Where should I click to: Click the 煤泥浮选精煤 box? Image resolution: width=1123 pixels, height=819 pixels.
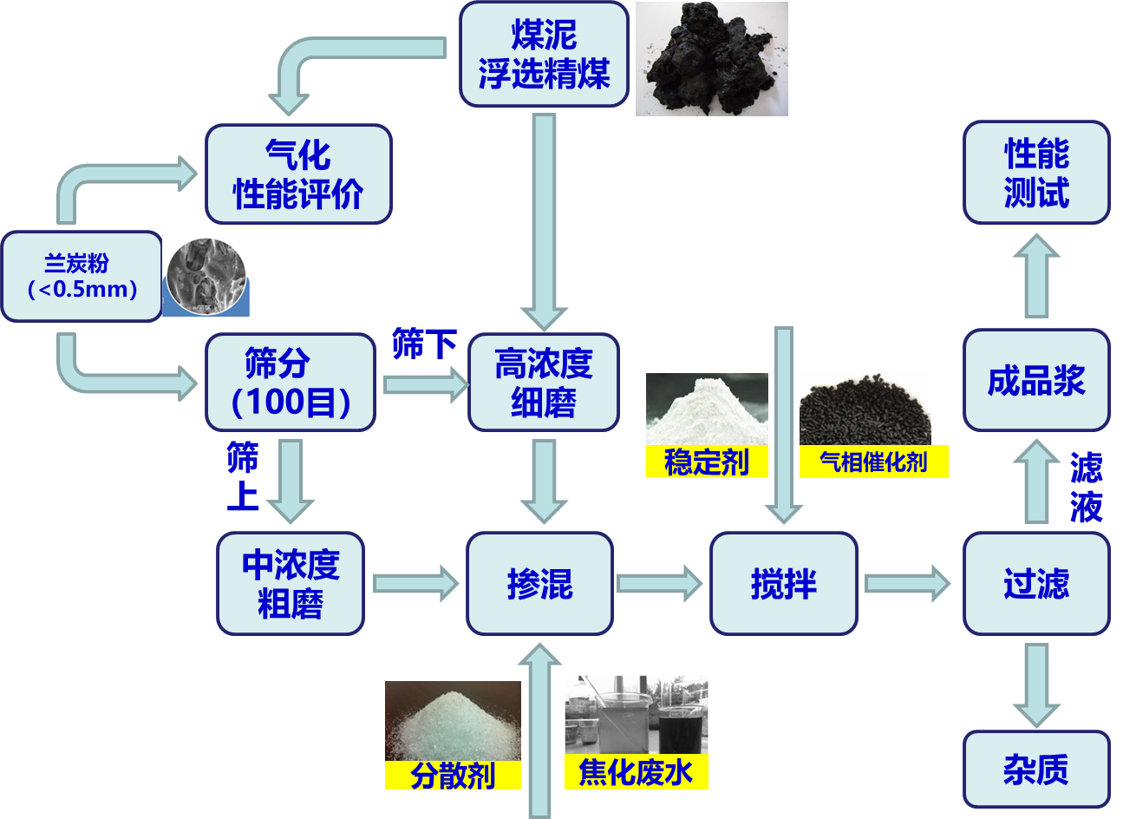point(543,54)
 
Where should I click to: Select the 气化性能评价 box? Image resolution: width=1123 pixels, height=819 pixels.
point(298,174)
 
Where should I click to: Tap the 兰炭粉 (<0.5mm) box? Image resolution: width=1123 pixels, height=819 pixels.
point(82,276)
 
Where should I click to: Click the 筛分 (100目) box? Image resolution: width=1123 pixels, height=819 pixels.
point(291,382)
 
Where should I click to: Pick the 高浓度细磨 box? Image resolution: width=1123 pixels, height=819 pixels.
point(543,382)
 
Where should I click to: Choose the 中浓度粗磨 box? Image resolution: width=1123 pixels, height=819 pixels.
point(291,583)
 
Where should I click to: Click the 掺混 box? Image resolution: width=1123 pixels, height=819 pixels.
point(539,583)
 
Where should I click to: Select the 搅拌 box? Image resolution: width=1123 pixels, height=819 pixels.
point(783,583)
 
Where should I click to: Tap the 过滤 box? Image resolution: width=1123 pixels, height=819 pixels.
point(1036,583)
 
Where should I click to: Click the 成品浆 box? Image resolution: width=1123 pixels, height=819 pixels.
point(1036,380)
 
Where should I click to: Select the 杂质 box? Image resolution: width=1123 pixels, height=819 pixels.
point(1036,769)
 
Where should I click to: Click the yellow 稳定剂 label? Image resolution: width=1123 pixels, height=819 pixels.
point(707,462)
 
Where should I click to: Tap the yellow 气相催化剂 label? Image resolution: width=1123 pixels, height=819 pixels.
point(873,462)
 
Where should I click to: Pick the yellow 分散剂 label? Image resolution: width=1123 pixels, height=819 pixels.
point(453,775)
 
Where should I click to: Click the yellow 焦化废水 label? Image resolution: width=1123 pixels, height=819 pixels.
point(636,772)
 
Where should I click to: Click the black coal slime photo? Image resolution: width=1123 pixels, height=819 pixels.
point(711,59)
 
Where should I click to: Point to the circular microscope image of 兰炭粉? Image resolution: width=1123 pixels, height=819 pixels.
point(206,276)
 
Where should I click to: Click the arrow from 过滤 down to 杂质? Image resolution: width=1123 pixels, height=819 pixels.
point(1036,684)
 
